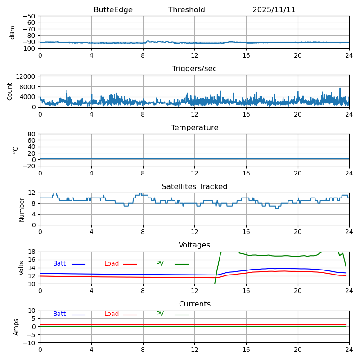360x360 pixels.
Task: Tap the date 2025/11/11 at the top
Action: [274, 10]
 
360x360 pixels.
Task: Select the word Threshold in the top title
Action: [187, 10]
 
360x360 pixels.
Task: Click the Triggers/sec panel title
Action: [194, 69]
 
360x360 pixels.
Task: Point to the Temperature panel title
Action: [194, 128]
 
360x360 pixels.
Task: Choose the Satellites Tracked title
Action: [194, 187]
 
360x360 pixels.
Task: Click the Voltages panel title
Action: [194, 245]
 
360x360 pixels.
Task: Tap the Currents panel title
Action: [194, 304]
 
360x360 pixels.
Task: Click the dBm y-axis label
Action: [13, 32]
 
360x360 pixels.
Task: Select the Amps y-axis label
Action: [16, 327]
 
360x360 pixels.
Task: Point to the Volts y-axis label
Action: [22, 268]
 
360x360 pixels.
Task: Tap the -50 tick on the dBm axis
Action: [30, 16]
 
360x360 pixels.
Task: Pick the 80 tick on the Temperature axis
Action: [32, 134]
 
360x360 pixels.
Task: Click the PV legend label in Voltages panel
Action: [160, 264]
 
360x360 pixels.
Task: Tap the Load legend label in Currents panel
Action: [112, 314]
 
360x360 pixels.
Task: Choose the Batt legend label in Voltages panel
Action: [59, 264]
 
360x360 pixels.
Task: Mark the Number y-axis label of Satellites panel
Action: [22, 209]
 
